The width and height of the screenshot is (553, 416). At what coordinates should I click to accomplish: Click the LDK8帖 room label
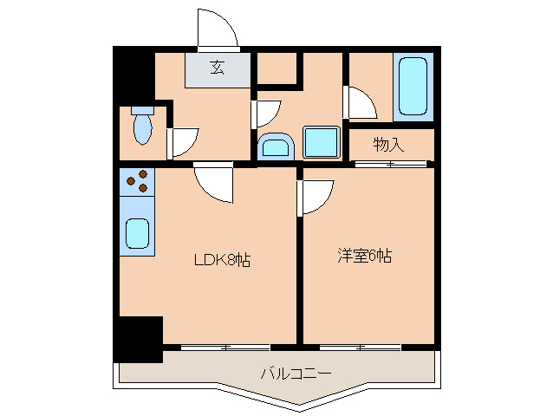coord(222,259)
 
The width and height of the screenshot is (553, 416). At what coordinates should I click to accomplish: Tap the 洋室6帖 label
coord(364,256)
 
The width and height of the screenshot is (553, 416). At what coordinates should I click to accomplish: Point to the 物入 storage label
coord(388,143)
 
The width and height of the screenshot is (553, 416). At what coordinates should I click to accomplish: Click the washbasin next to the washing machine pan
coord(276,146)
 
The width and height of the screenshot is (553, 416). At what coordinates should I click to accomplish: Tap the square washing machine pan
coord(320,140)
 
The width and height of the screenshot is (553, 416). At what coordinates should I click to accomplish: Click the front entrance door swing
coord(217,29)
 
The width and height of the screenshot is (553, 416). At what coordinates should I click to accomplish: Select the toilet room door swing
coord(182,141)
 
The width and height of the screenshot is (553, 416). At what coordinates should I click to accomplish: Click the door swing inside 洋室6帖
coord(316,196)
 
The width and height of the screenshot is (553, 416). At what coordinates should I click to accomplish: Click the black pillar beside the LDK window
coord(138,339)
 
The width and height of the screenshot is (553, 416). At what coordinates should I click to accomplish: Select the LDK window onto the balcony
coord(225,348)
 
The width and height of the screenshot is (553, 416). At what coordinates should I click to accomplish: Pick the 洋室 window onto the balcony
coord(360,348)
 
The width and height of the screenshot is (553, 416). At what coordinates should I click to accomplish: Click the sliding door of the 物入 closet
coord(390,163)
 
